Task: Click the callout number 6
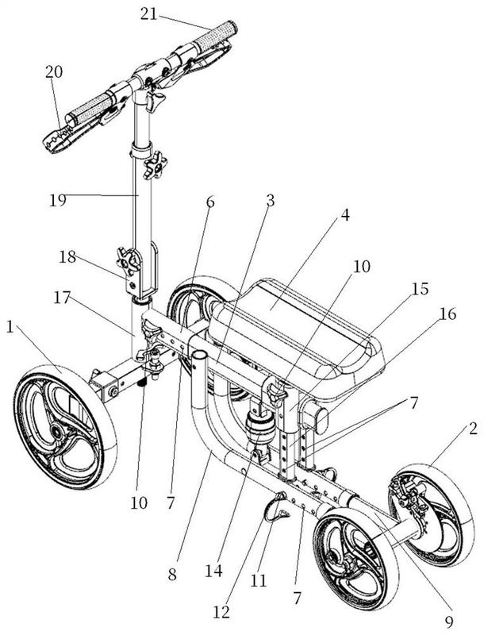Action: point(209,202)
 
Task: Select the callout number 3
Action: point(270,200)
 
